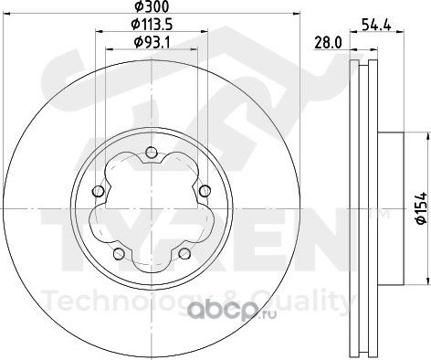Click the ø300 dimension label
tap(152, 6)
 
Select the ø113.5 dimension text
tap(152, 25)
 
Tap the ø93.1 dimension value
tap(152, 43)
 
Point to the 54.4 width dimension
tap(376, 25)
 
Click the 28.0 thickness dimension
tap(328, 43)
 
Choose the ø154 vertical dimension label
tap(422, 208)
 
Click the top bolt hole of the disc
tap(152, 153)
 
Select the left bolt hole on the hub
tap(98, 191)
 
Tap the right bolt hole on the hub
tap(205, 191)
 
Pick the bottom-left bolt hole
tap(119, 253)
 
